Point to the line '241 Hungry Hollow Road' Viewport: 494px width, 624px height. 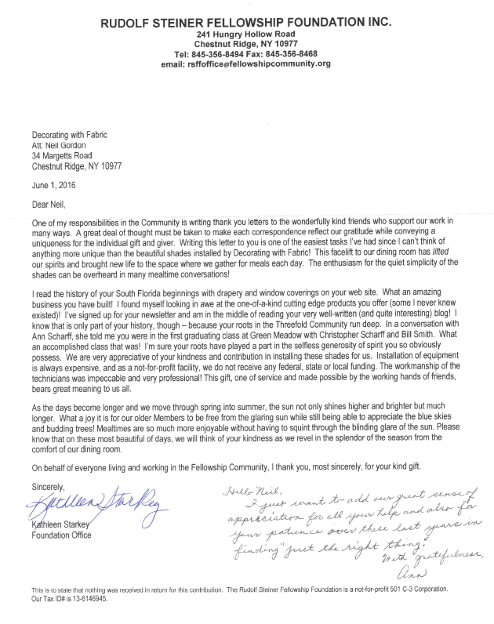pos(245,34)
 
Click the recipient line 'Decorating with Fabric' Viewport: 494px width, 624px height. pos(71,135)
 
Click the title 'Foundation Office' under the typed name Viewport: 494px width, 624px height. pos(62,535)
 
